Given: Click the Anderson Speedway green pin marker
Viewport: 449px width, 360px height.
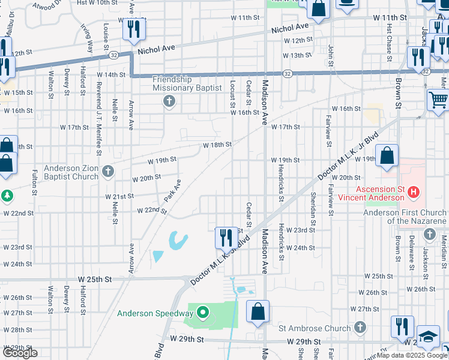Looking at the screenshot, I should coord(203,312).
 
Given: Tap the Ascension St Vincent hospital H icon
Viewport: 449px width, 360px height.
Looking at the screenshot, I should coord(413,193).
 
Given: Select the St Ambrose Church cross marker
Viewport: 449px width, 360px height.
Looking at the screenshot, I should coord(360,327).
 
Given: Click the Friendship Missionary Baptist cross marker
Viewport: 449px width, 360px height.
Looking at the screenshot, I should coord(169,101).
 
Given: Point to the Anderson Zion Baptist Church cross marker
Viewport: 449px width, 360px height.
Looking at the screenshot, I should coord(108,172).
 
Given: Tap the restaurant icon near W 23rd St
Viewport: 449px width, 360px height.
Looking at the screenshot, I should coord(225,237).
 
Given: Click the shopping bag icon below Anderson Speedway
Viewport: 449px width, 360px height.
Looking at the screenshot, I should coord(258,311).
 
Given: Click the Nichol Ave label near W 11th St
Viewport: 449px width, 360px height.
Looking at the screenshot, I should coord(290,28).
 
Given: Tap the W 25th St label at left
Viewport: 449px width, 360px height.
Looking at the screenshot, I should coord(95,280).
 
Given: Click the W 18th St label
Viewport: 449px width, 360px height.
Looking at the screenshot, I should coord(217,145).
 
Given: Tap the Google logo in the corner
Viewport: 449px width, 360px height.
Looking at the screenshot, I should coord(20,353).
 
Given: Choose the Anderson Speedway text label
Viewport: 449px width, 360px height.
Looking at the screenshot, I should coord(155,313).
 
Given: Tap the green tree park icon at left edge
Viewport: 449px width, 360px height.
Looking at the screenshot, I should coord(7,196).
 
